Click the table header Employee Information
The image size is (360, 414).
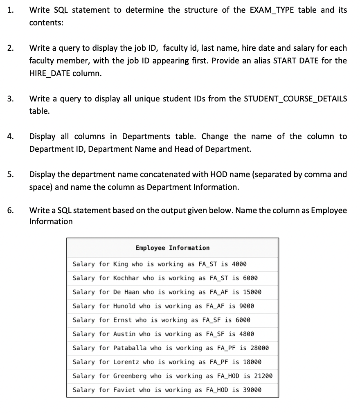[172, 248]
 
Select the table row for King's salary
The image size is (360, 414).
[160, 264]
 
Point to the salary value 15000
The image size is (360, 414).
[252, 292]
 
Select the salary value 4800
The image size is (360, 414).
[246, 334]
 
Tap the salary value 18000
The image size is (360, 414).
[252, 362]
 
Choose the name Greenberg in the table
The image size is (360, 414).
[130, 376]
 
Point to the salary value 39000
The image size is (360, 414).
[252, 389]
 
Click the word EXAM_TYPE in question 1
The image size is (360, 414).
[270, 10]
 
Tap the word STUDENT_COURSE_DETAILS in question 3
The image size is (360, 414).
[295, 99]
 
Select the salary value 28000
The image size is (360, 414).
[259, 348]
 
